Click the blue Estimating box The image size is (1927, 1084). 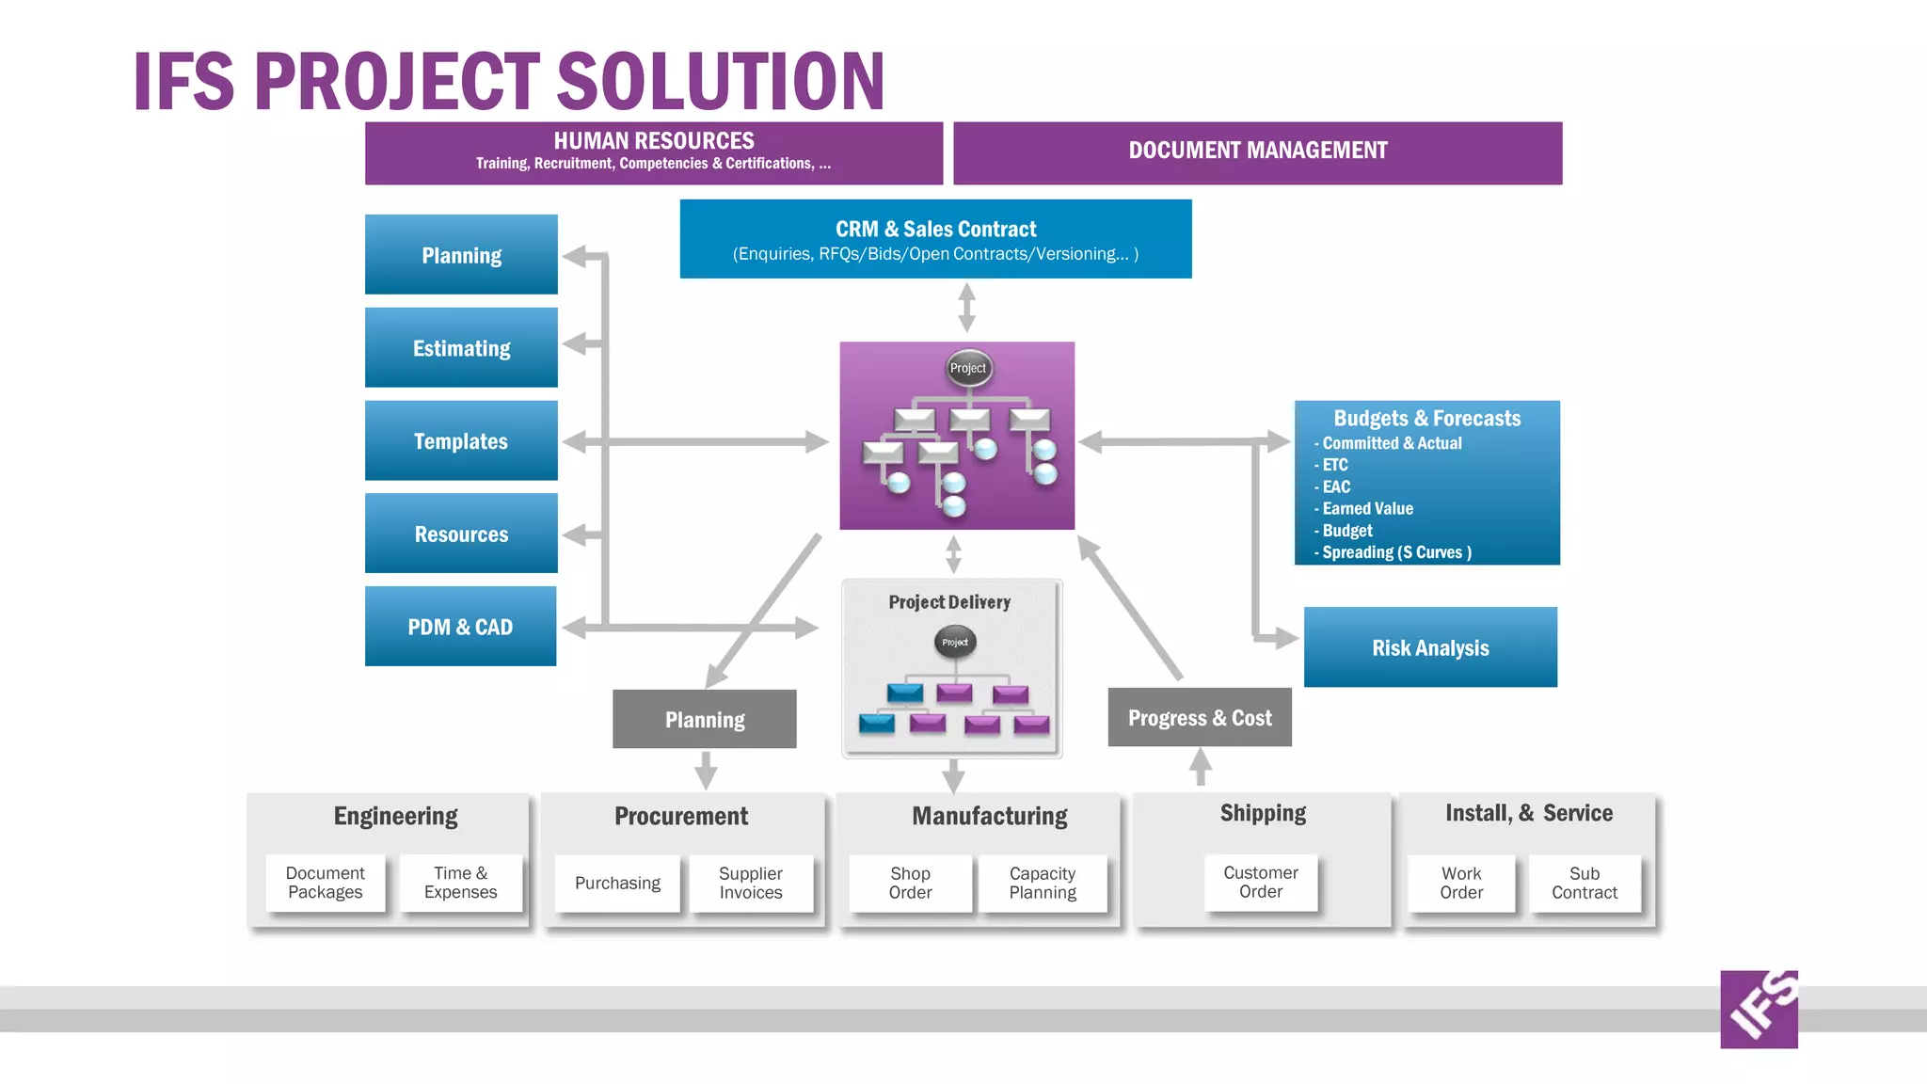(x=461, y=348)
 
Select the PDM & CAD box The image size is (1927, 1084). (x=460, y=627)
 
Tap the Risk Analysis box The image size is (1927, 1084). (x=1430, y=647)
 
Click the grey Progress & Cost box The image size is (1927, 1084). (x=1200, y=718)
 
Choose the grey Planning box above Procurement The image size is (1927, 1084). (x=704, y=720)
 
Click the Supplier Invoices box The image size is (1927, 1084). (x=751, y=883)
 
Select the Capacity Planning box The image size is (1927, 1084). (x=1043, y=883)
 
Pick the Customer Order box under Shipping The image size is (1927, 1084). (x=1261, y=882)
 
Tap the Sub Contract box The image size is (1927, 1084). (x=1585, y=883)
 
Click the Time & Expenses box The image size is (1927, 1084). (x=460, y=883)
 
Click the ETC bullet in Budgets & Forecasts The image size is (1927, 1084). (x=1334, y=465)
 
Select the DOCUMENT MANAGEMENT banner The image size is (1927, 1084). (x=1257, y=151)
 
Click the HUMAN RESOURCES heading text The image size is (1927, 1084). (x=654, y=141)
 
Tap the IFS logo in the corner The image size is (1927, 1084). (x=1759, y=1009)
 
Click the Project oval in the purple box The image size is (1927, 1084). (x=968, y=368)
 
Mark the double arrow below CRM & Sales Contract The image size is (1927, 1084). (x=966, y=309)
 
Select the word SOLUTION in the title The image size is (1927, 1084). (x=722, y=82)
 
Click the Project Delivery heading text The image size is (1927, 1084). (x=949, y=602)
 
